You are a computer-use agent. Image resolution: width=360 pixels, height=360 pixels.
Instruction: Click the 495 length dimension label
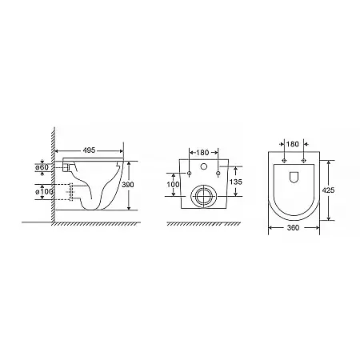[x=89, y=150]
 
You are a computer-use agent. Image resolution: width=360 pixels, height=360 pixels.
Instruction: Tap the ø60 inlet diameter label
[x=42, y=167]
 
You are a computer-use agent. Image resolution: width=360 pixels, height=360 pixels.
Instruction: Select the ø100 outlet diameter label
[x=44, y=191]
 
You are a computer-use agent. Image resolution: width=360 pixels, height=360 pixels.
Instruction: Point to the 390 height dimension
[x=128, y=185]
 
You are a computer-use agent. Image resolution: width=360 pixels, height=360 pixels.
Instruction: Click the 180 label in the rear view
[x=202, y=153]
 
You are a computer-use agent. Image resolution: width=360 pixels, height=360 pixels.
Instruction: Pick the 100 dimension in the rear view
[x=174, y=185]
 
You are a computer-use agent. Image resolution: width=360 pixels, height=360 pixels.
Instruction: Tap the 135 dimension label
[x=236, y=182]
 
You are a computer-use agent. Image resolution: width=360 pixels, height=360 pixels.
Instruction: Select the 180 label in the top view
[x=293, y=144]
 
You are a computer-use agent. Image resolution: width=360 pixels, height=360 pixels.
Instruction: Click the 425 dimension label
[x=328, y=190]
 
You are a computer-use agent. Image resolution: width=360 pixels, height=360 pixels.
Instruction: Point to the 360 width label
[x=293, y=228]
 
